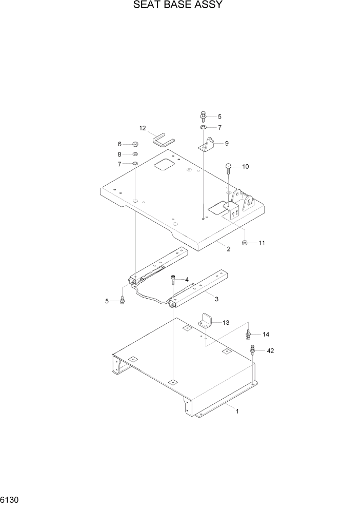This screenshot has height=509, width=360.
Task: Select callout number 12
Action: (143, 128)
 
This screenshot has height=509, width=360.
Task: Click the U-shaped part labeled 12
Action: (164, 140)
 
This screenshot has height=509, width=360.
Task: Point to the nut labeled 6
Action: (135, 145)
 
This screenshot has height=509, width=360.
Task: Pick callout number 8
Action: (119, 154)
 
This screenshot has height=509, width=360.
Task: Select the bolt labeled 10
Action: (229, 167)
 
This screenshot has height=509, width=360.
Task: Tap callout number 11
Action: (262, 243)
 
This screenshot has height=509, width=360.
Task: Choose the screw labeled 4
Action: (173, 280)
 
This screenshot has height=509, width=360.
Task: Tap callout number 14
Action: (266, 335)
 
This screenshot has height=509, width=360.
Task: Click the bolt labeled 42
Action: (253, 350)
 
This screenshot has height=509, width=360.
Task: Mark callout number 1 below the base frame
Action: (237, 411)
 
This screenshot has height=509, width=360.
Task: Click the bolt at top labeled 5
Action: (203, 116)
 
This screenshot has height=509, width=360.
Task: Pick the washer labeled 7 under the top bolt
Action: (203, 127)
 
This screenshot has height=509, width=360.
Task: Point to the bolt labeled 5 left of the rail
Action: (123, 300)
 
